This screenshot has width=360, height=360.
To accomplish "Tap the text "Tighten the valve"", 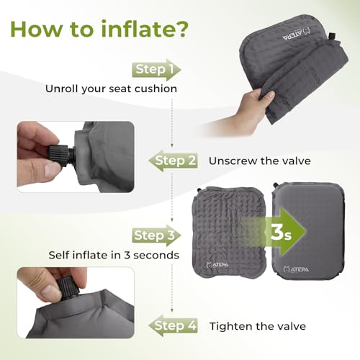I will tap(257, 326).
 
